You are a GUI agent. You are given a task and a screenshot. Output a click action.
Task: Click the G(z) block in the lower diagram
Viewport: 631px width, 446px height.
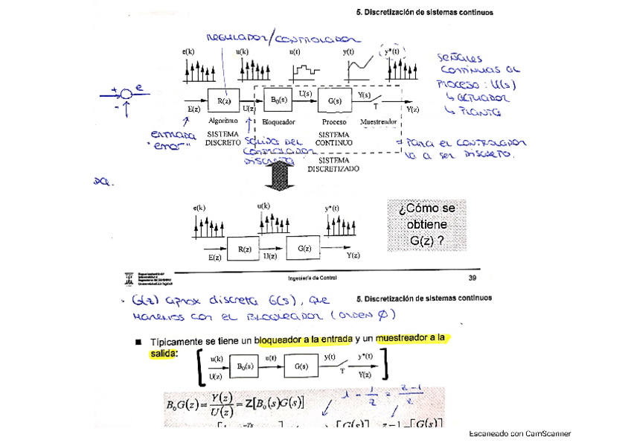[304, 248]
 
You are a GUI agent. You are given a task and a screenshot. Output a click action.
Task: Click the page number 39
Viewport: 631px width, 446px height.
[472, 278]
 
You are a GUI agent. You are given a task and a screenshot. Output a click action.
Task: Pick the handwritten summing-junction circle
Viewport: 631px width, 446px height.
[126, 95]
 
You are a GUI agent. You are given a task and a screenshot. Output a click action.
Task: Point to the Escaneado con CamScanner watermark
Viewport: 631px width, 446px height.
[519, 433]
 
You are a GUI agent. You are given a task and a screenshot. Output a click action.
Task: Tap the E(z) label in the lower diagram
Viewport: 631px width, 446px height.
[214, 258]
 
